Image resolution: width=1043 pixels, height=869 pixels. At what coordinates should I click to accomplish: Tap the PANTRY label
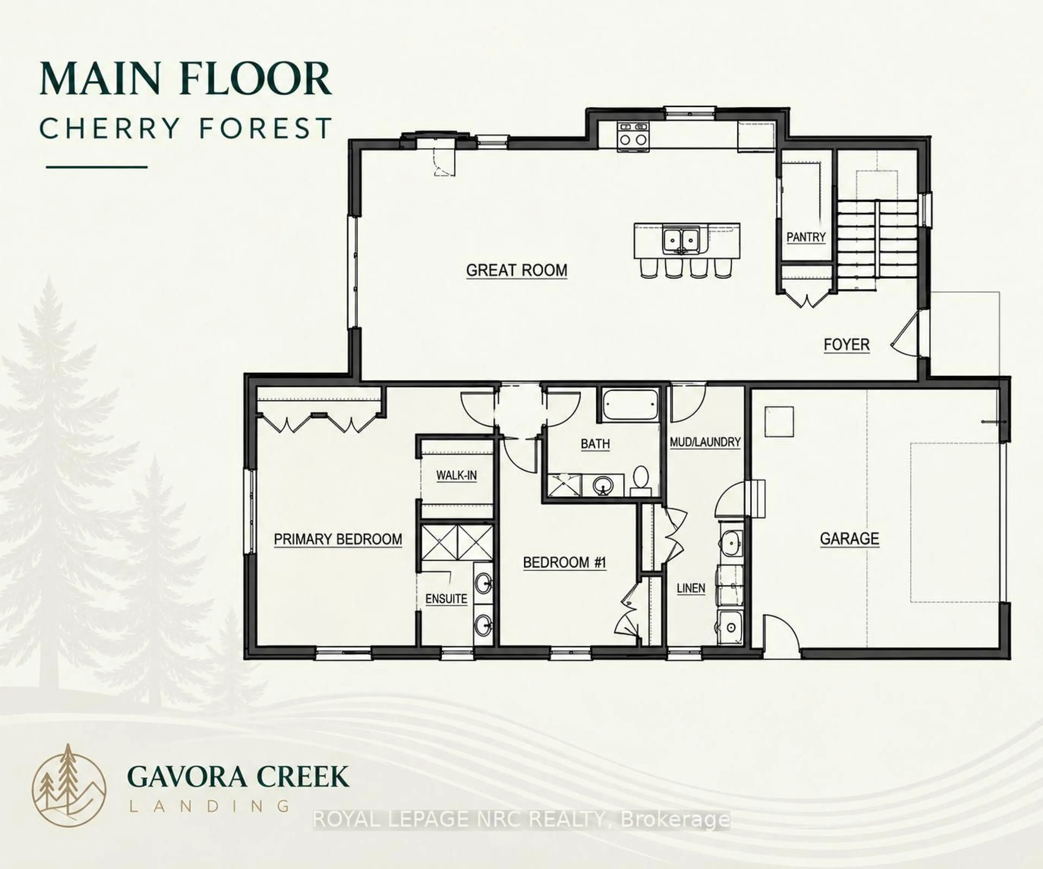point(806,237)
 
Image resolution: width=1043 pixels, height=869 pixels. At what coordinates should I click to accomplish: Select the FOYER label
point(846,345)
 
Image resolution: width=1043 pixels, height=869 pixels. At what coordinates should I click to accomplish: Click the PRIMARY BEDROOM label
point(338,539)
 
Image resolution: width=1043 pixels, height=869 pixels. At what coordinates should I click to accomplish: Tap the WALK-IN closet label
point(456,475)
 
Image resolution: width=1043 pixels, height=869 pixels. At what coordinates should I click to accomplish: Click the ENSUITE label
point(446,599)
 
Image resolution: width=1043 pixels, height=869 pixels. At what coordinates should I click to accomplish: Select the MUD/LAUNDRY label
point(705,442)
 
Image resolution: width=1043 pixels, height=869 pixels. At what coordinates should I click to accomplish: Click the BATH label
point(595,443)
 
